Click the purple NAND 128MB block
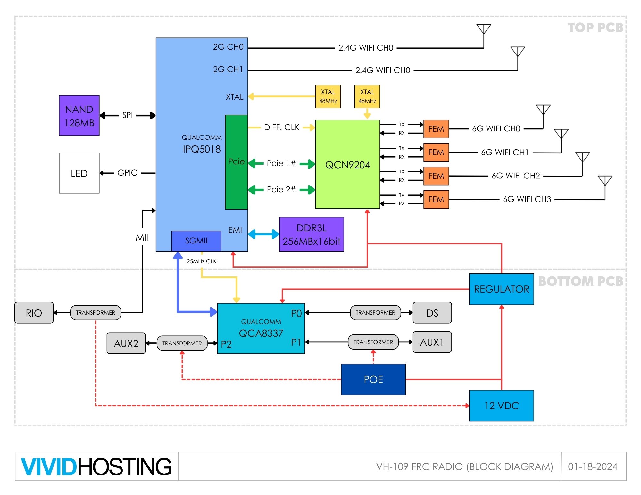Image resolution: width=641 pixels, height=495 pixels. click(79, 116)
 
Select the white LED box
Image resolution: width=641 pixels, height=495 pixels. click(79, 173)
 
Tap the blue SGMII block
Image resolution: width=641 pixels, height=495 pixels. click(196, 241)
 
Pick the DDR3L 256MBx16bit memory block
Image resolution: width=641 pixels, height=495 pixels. click(311, 235)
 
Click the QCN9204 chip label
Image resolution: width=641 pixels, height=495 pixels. click(347, 165)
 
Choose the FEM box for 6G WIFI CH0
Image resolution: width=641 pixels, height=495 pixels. click(436, 129)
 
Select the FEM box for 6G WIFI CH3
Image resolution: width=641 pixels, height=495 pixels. click(436, 199)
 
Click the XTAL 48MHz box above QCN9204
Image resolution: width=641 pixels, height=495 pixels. click(367, 96)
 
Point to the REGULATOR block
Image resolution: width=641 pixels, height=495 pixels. click(501, 289)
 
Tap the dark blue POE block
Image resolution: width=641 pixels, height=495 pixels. click(373, 379)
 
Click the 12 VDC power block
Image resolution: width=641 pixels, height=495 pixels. click(501, 406)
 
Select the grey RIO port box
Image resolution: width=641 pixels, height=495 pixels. click(34, 313)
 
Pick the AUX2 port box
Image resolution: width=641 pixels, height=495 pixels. click(126, 343)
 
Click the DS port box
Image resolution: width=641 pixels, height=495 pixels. click(432, 313)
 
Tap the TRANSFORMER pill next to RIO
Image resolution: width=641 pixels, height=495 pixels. click(96, 313)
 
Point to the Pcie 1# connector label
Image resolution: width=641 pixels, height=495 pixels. click(281, 163)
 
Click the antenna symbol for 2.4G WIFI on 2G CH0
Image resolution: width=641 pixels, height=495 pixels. click(484, 29)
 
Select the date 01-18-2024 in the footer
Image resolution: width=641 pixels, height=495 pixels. click(593, 466)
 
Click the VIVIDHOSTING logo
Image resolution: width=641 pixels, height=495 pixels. click(96, 466)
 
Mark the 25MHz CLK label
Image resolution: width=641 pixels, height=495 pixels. click(201, 261)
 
